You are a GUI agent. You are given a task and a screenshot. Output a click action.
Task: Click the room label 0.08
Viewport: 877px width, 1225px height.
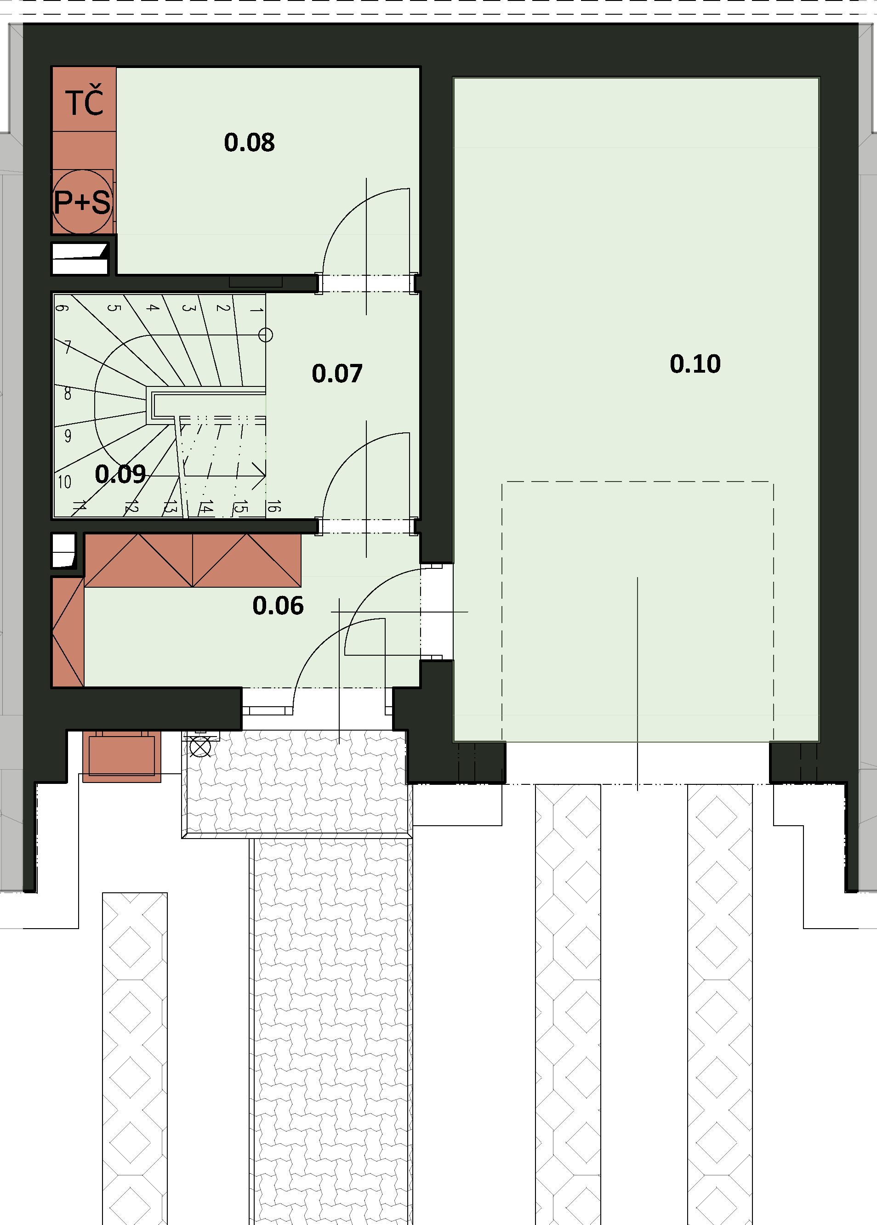coord(249,142)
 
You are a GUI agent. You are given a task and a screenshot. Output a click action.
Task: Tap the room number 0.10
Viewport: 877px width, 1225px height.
coord(695,364)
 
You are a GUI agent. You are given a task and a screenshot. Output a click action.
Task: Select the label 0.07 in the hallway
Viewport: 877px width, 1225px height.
coord(337,374)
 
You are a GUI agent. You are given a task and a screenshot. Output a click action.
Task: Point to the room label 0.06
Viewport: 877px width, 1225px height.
coord(278,606)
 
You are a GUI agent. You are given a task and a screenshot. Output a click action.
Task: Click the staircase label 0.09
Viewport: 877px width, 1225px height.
coord(120,474)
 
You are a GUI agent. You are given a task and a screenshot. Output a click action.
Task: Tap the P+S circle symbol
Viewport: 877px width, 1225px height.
coord(83,202)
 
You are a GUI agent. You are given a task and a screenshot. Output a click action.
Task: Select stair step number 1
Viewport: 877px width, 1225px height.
coord(256,309)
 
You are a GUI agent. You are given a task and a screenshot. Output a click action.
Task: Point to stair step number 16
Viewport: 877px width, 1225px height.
coord(274,506)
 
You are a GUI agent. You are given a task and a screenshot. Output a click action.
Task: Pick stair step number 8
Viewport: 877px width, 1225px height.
coord(68,394)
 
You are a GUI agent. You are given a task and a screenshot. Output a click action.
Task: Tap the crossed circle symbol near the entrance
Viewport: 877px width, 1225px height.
coord(200,748)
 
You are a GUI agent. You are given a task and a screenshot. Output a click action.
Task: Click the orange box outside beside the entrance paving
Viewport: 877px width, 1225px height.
coord(121,756)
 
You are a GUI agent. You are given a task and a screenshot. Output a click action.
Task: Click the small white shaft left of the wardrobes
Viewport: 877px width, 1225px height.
coord(64,550)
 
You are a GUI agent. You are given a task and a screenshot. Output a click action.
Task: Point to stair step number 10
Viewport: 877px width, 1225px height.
coord(64,482)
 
